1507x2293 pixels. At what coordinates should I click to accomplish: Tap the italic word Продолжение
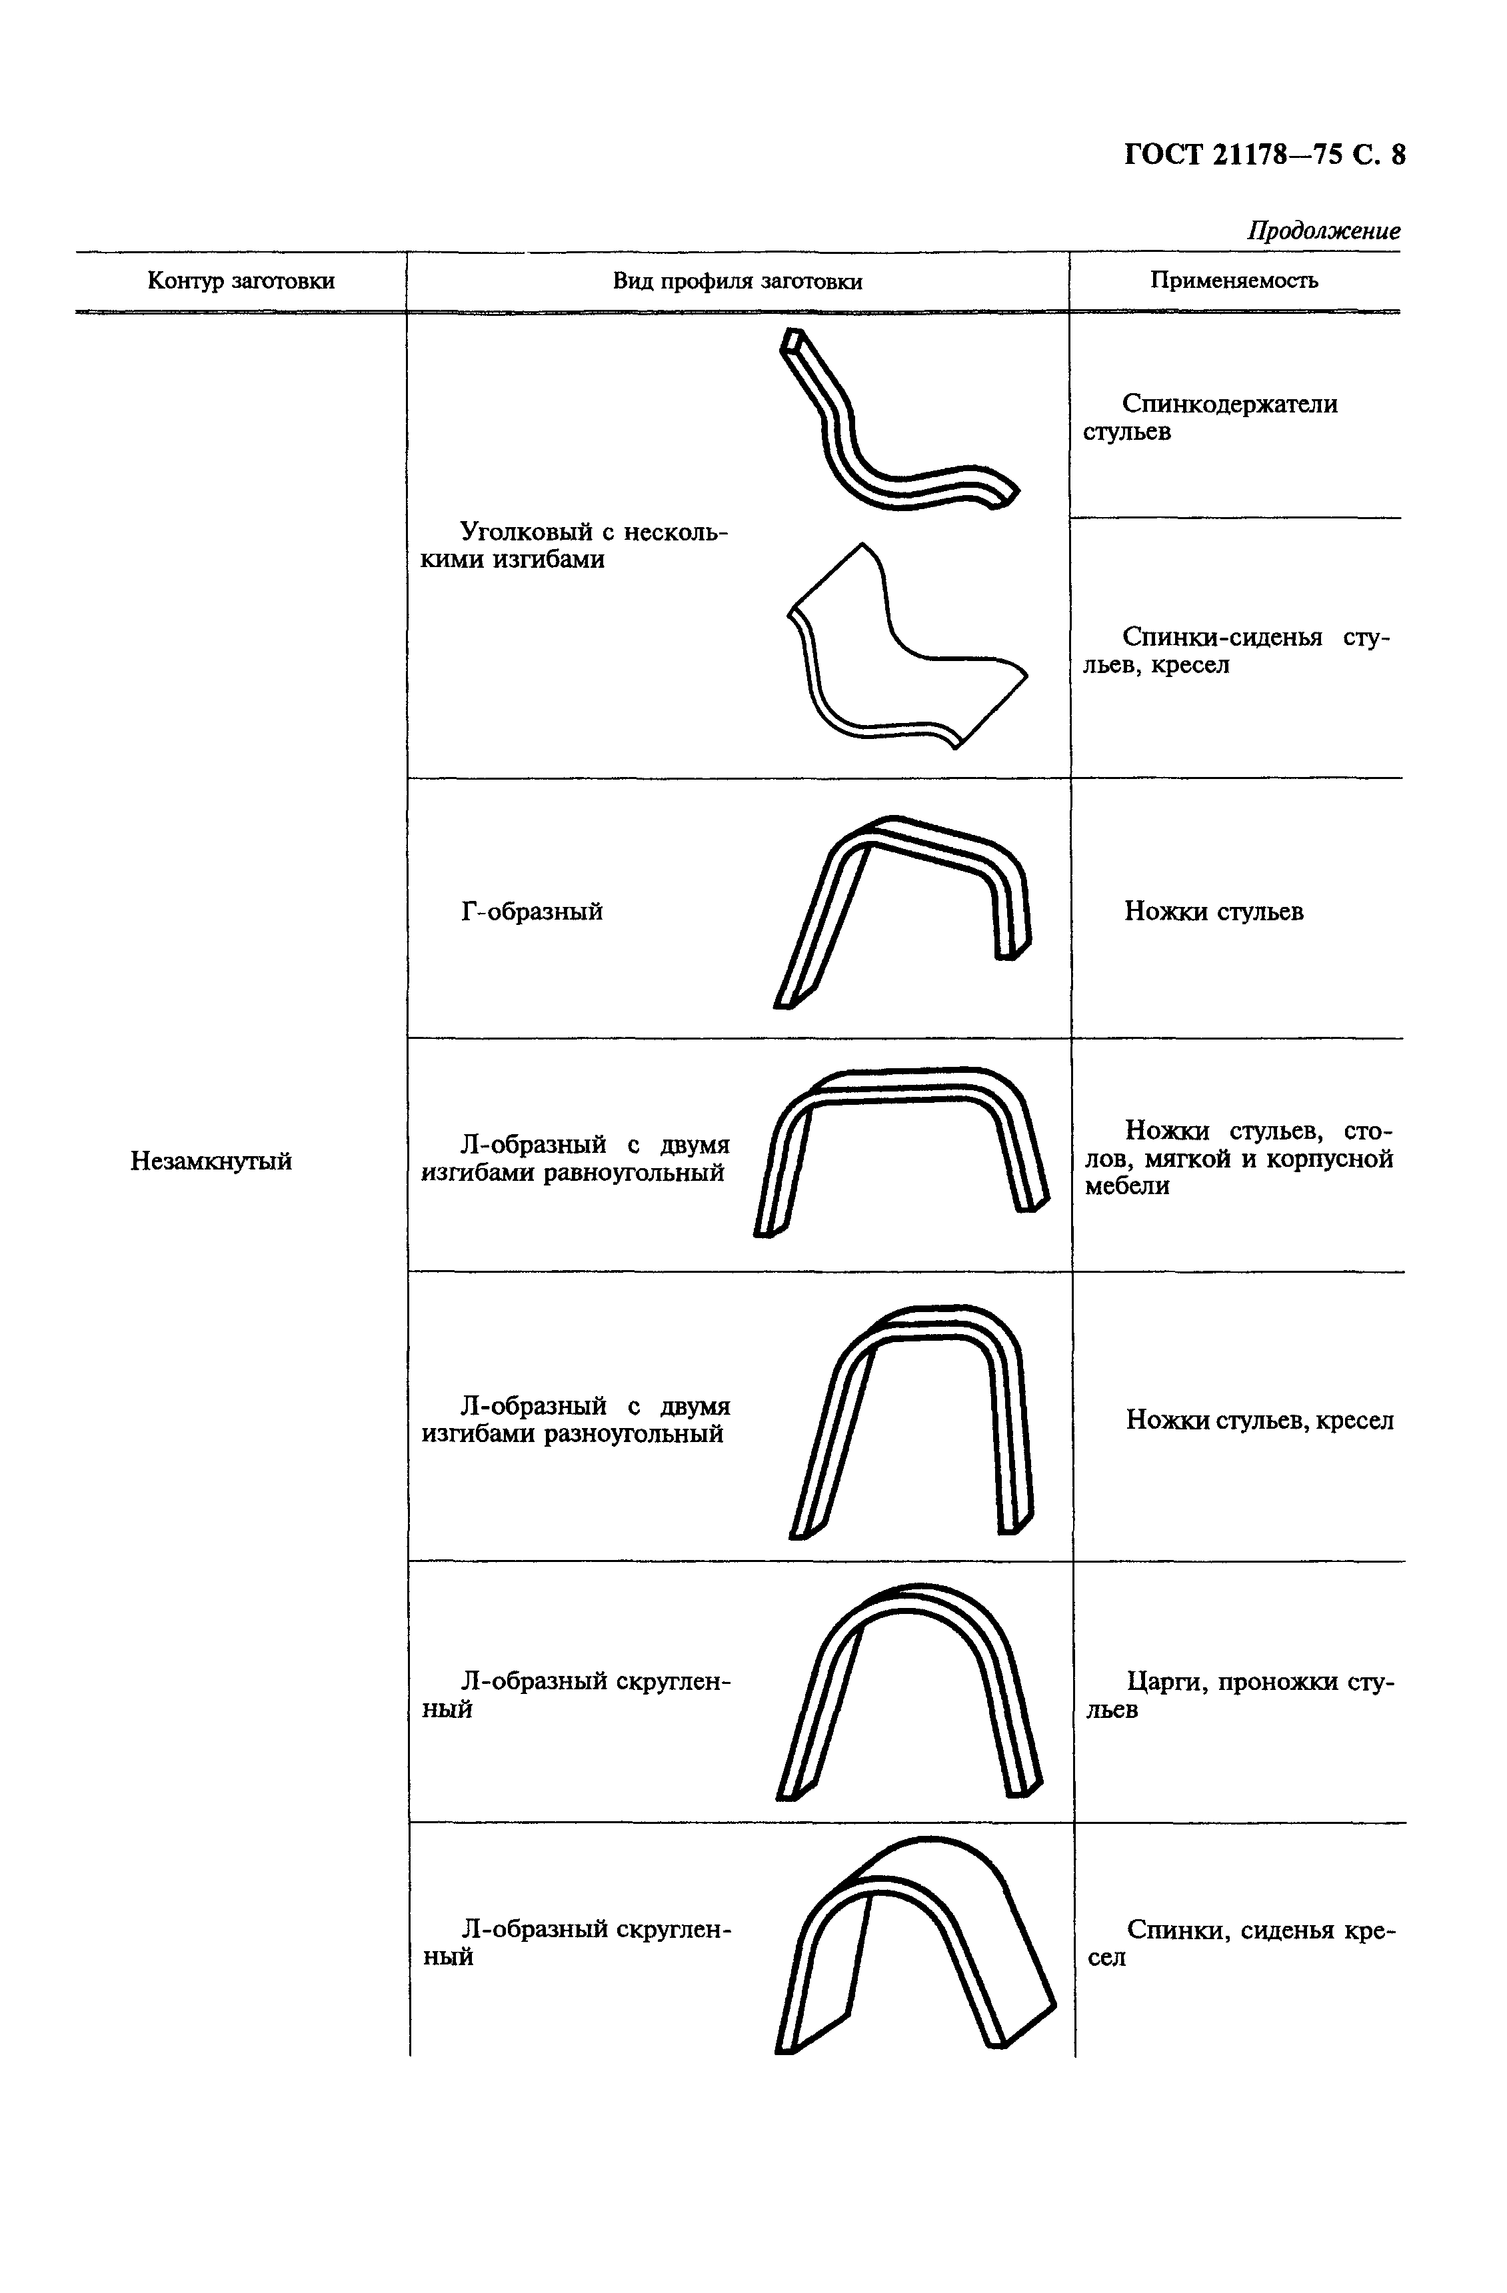pyautogui.click(x=1323, y=231)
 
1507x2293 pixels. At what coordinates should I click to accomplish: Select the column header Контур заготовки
pyautogui.click(x=241, y=281)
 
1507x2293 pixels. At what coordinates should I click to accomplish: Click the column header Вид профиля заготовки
pyautogui.click(x=737, y=281)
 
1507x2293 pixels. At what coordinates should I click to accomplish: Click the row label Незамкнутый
pyautogui.click(x=211, y=1161)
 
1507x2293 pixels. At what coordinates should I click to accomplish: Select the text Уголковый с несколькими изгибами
pyautogui.click(x=575, y=545)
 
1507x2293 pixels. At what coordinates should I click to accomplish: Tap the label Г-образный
pyautogui.click(x=532, y=912)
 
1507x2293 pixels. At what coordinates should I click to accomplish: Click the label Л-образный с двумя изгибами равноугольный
pyautogui.click(x=575, y=1159)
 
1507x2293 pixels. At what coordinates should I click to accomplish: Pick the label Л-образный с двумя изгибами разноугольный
pyautogui.click(x=575, y=1420)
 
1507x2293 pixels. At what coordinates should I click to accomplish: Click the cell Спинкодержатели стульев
pyautogui.click(x=1211, y=417)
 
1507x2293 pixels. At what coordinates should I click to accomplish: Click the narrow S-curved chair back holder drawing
pyautogui.click(x=891, y=424)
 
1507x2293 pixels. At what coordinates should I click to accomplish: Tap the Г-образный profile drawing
pyautogui.click(x=901, y=910)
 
